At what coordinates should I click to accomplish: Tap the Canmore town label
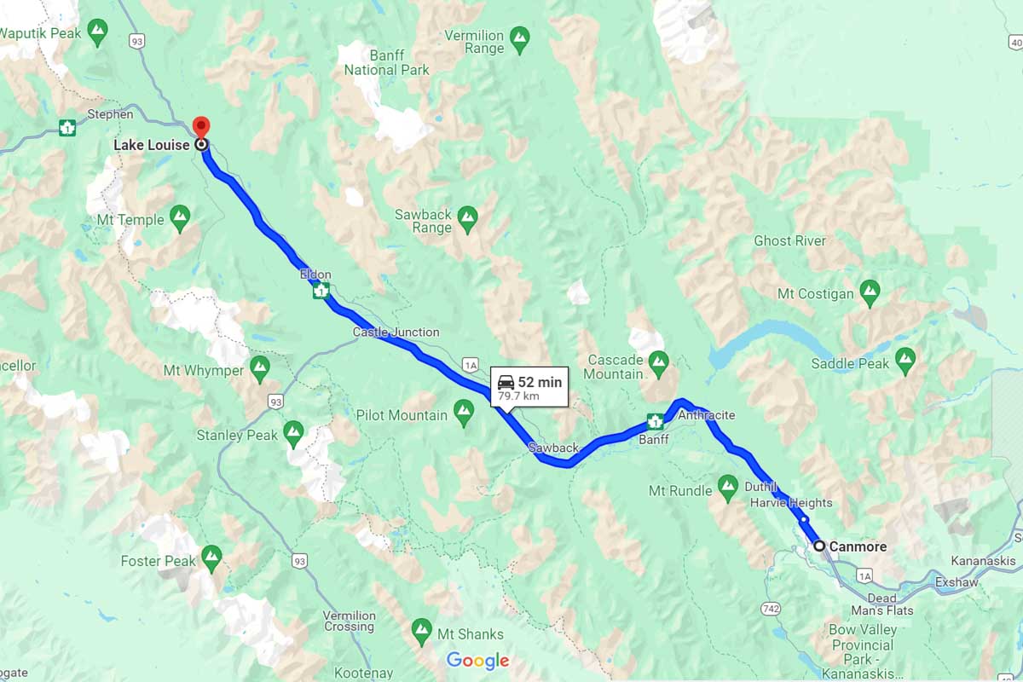858,546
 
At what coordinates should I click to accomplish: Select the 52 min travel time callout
529,388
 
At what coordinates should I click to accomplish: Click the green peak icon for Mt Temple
180,218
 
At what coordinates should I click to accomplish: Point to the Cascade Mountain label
615,367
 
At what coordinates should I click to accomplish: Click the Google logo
477,661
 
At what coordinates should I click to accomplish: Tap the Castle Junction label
396,332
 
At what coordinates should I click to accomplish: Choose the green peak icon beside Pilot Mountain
464,414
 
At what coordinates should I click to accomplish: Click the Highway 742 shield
772,608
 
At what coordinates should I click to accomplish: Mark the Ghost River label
789,241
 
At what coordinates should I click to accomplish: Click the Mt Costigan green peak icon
870,292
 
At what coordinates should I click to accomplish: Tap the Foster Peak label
159,561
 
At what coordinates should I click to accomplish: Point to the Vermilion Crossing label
349,621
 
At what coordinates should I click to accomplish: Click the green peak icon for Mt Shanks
421,633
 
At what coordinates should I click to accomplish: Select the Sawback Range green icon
467,219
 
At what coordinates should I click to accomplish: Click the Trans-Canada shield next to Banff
655,420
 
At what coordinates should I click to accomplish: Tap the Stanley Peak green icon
294,434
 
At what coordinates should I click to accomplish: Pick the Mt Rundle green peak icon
727,489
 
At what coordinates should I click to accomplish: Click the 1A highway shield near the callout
471,365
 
